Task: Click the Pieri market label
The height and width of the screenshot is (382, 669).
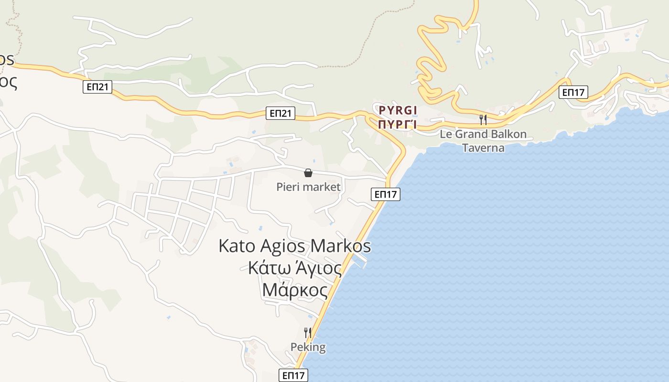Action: coord(309,187)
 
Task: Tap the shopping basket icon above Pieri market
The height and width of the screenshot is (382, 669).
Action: coord(308,173)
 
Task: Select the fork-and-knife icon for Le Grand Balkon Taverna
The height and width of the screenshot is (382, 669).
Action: coord(483,119)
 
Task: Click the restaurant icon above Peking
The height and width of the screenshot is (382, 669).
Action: coord(308,332)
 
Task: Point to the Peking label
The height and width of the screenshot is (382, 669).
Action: coord(308,347)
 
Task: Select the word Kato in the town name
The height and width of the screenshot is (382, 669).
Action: coord(237,246)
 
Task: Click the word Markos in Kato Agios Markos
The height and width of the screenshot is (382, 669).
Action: coord(341,246)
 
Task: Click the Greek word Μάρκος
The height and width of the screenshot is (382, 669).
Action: coord(295,290)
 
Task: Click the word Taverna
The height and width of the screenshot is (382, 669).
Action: coord(483,148)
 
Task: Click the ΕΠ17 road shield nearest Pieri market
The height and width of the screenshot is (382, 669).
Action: coord(385,194)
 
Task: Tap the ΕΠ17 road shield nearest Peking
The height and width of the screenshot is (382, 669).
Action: coord(293,375)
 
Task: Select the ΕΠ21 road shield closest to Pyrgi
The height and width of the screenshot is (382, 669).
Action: coord(281,113)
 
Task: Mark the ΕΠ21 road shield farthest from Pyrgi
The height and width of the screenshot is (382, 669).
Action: coord(97,86)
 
